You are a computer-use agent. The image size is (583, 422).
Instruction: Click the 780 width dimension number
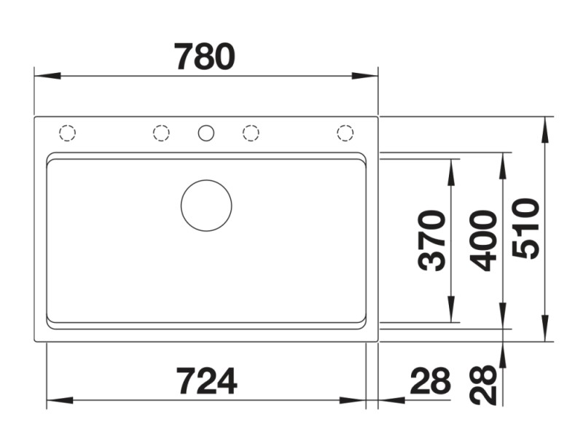tap(206, 56)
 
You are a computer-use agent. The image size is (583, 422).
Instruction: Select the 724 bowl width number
tap(206, 380)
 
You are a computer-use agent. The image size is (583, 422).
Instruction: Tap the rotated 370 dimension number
tap(434, 240)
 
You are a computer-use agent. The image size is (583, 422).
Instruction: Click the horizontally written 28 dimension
tap(431, 380)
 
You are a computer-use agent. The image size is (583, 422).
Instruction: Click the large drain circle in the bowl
tap(206, 206)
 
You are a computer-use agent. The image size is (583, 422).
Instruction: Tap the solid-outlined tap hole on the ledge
tap(206, 133)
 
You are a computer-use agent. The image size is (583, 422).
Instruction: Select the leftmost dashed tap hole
tap(67, 133)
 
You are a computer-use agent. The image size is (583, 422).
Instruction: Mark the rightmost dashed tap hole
tap(345, 133)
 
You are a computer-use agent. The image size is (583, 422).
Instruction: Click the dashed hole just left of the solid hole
tap(161, 133)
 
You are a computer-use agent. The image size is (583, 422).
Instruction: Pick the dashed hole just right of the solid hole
tap(251, 133)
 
